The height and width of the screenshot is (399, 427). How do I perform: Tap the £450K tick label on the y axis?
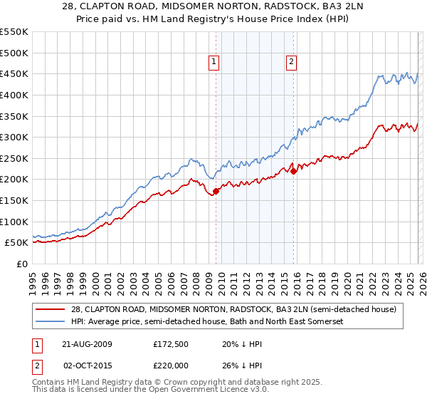(14, 73)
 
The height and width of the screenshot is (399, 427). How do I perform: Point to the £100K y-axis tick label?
(14, 222)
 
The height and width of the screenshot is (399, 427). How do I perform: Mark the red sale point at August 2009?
(216, 190)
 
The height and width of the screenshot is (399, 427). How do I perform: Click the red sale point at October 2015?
(293, 170)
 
